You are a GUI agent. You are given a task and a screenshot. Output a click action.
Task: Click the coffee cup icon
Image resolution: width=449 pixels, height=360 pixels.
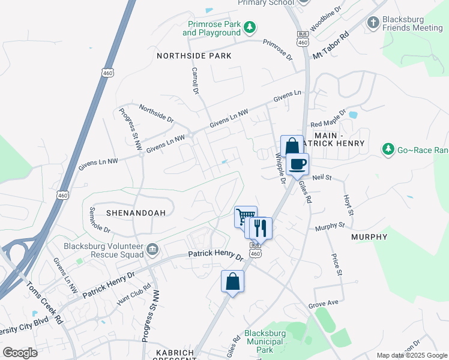point(297,164)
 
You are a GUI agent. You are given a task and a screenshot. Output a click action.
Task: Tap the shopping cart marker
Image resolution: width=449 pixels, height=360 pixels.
point(246,217)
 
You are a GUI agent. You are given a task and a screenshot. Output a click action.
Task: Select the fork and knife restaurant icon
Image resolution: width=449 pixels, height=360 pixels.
point(261,228)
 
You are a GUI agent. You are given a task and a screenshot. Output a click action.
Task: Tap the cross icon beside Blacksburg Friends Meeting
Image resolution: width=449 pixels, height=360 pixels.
point(373,23)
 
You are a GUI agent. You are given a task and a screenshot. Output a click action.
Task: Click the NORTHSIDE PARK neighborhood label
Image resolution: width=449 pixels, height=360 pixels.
point(194,56)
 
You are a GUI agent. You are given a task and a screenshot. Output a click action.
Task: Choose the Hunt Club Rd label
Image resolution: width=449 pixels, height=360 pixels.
point(132,295)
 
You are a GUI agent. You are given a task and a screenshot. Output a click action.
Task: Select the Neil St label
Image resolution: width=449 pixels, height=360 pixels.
point(322,178)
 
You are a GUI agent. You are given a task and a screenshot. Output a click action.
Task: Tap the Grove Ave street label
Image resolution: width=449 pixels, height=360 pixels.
point(324,304)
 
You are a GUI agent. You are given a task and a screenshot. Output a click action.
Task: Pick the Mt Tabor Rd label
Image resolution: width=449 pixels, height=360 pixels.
point(330,46)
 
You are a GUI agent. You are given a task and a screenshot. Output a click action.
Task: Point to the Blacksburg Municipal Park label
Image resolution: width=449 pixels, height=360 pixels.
point(264,341)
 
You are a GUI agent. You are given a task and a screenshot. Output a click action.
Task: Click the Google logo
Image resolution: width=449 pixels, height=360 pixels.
point(20,353)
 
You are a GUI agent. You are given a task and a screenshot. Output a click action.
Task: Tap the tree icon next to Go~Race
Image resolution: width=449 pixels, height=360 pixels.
point(388,148)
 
